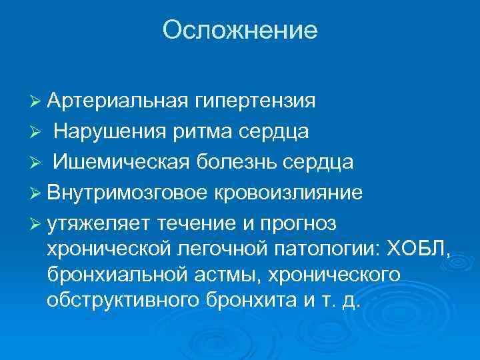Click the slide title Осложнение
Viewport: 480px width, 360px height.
click(x=240, y=31)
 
